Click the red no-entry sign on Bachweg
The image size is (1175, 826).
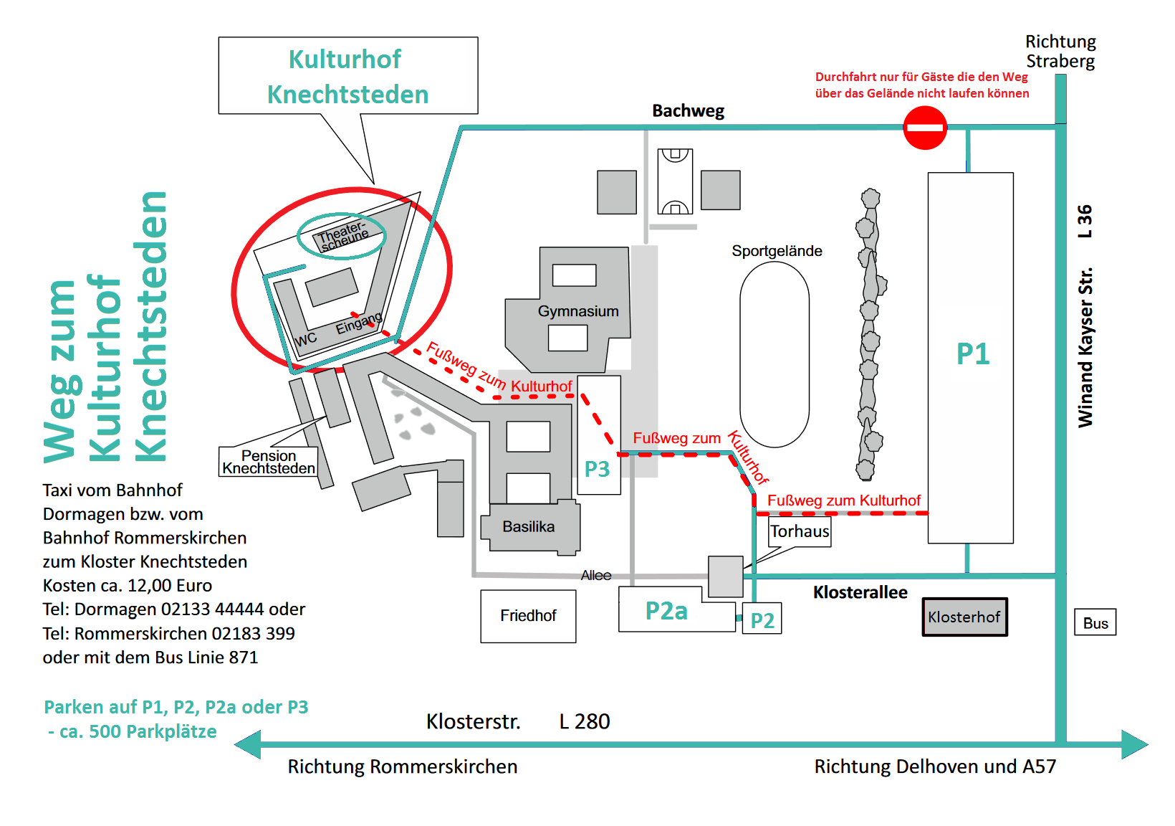(x=925, y=128)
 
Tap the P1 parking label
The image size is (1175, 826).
(x=973, y=353)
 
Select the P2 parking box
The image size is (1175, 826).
(x=762, y=619)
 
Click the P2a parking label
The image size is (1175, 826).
(x=666, y=611)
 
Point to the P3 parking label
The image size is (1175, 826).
(x=597, y=469)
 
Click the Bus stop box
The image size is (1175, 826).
(x=1095, y=623)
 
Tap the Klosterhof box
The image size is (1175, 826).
(x=964, y=617)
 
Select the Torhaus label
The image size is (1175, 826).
(x=800, y=531)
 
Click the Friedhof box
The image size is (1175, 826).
(x=528, y=616)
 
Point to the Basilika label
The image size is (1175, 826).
(x=529, y=527)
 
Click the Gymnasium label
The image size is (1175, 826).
(x=578, y=311)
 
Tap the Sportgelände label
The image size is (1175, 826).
(x=777, y=251)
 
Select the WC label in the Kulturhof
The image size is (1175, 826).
(x=305, y=339)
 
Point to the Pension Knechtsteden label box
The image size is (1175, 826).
(x=269, y=462)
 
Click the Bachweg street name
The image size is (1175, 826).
(x=688, y=111)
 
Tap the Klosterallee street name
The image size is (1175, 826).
(x=860, y=592)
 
